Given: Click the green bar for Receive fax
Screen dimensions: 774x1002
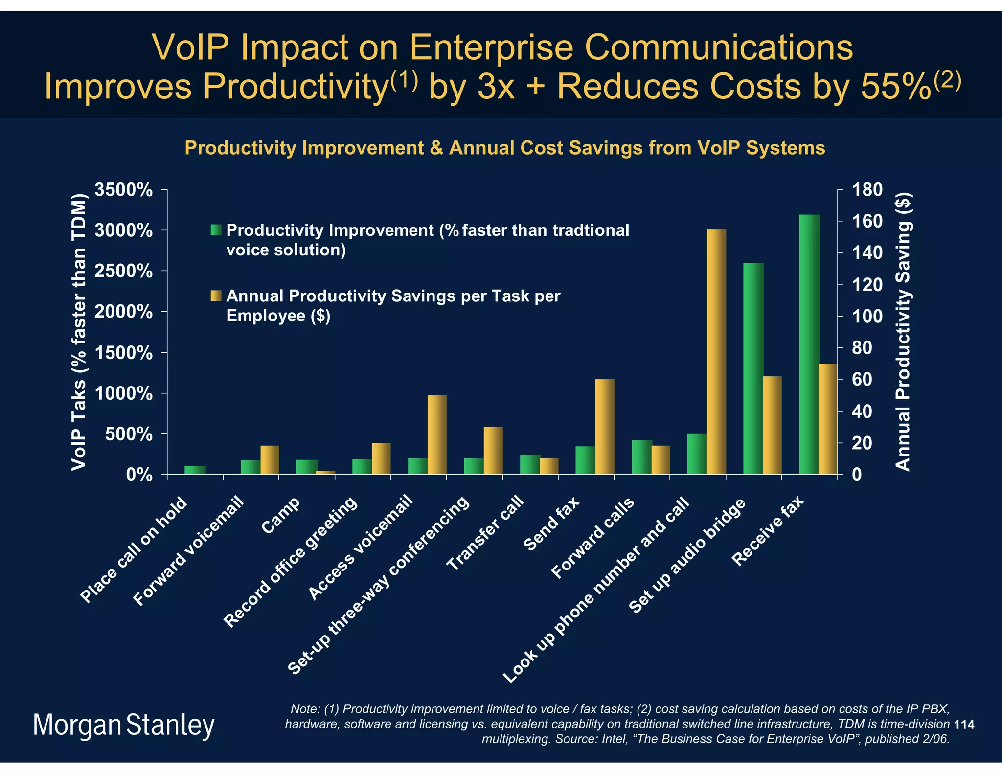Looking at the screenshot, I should pos(809,344).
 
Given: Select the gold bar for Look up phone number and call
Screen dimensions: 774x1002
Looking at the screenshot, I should pos(716,352).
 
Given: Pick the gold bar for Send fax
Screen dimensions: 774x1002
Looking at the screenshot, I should pos(604,427).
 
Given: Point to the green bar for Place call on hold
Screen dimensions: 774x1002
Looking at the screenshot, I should pos(195,470).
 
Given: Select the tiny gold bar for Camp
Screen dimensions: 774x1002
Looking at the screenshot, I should pos(325,472).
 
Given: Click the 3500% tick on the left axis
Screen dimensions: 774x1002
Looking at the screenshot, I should pos(123,190).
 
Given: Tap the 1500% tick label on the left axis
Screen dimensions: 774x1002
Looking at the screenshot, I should pos(123,353).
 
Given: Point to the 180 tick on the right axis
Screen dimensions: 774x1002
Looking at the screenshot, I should pos(867,190).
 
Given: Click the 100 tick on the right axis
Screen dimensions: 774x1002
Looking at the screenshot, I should pos(867,317).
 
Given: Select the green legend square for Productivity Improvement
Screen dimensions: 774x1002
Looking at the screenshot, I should pos(216,230).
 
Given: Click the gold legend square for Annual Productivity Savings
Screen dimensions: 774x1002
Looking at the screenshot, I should pos(216,296).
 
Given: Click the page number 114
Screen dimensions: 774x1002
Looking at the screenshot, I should pos(964,725).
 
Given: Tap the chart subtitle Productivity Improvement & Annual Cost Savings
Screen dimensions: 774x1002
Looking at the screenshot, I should pos(504,148).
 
